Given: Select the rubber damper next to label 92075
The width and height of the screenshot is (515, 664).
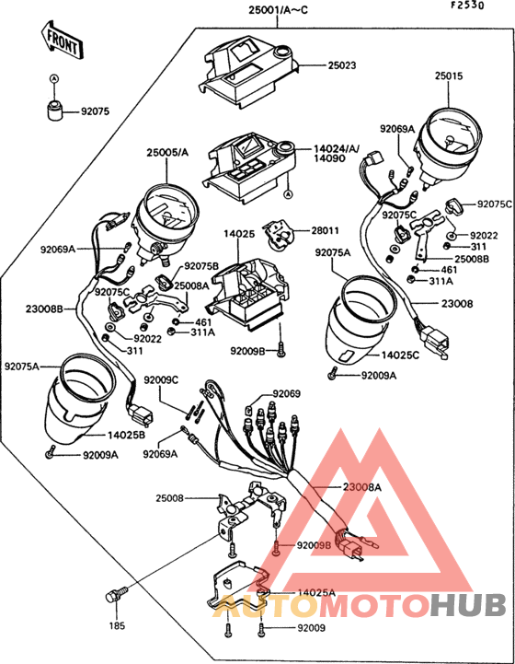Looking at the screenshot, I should pyautogui.click(x=54, y=111).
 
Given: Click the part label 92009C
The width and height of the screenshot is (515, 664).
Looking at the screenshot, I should pyautogui.click(x=160, y=379).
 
